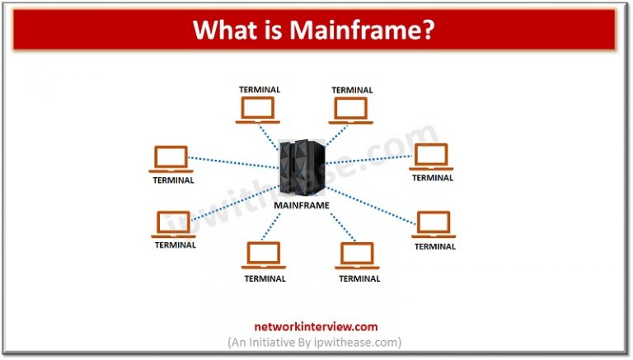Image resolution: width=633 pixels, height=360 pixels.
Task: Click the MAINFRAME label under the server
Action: pos(302,205)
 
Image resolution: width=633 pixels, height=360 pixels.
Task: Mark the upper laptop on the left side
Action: pos(172,160)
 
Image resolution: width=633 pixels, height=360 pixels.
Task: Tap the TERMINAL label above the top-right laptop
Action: pos(353,89)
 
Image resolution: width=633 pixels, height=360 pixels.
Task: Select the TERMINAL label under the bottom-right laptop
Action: pos(359,278)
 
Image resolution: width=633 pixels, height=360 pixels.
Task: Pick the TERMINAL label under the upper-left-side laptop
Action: pos(173,180)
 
